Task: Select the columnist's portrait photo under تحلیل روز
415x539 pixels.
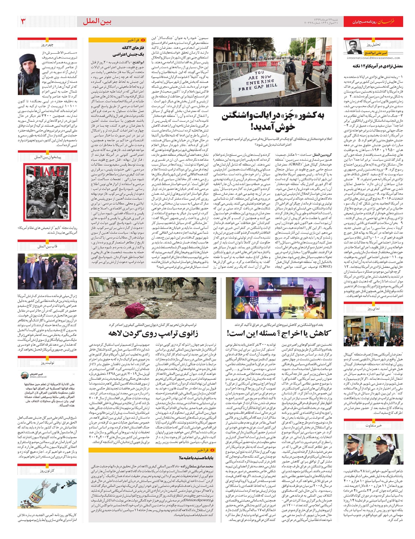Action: (353, 47)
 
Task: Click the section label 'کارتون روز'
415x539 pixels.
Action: (47, 471)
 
